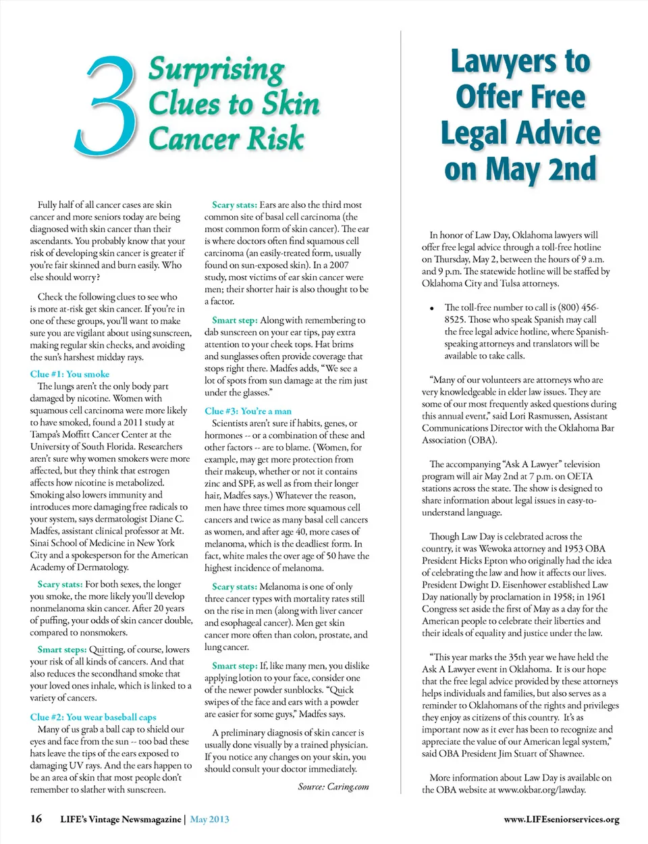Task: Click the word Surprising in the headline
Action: point(216,70)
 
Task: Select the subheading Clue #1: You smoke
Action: point(70,374)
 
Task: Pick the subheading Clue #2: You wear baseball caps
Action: point(93,717)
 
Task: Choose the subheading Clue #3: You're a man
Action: point(248,411)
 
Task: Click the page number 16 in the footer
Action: point(36,819)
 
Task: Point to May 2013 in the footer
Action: point(209,820)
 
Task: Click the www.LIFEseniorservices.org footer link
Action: point(561,820)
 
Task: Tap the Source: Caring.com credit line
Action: point(333,787)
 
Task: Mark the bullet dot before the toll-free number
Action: point(431,309)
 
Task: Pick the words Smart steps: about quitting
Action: point(62,650)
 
